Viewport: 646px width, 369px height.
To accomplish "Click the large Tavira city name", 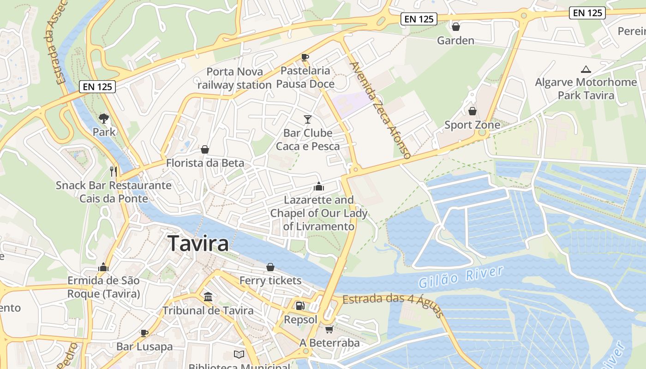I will tap(198, 243).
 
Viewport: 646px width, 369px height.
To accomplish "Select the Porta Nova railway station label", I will tap(234, 78).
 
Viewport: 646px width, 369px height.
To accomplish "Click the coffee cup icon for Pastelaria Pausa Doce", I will tap(305, 57).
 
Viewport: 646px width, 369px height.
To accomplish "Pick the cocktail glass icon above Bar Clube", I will tap(308, 119).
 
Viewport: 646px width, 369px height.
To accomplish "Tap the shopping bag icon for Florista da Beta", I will tap(205, 149).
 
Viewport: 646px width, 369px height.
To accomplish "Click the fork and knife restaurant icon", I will tap(114, 172).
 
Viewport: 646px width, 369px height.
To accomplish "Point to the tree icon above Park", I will tap(104, 119).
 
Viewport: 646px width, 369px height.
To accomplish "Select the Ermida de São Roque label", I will tap(103, 287).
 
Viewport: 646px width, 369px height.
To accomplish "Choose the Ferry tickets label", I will tap(270, 280).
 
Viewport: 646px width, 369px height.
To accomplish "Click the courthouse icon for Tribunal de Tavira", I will tap(208, 297).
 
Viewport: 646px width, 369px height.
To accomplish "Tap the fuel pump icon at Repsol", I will tap(300, 305).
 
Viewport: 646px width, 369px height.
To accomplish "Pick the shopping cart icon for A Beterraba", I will tap(329, 329).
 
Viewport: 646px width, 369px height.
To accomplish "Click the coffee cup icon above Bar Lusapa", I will tap(144, 333).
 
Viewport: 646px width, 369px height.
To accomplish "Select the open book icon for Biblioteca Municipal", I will tap(239, 354).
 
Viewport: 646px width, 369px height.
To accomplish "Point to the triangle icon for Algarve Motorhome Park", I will tap(586, 70).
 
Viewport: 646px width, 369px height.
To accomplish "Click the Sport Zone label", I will tap(472, 125).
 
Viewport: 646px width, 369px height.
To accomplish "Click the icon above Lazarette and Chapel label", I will tap(318, 186).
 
